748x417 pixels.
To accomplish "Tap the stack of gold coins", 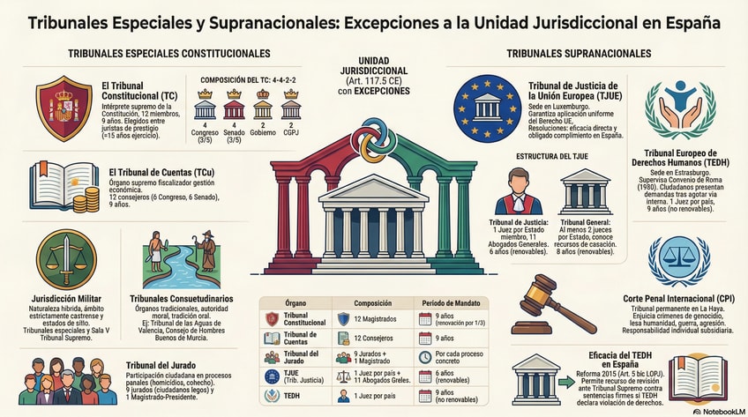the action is [86, 201].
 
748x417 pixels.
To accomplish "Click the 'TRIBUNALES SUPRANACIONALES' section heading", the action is [579, 54].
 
